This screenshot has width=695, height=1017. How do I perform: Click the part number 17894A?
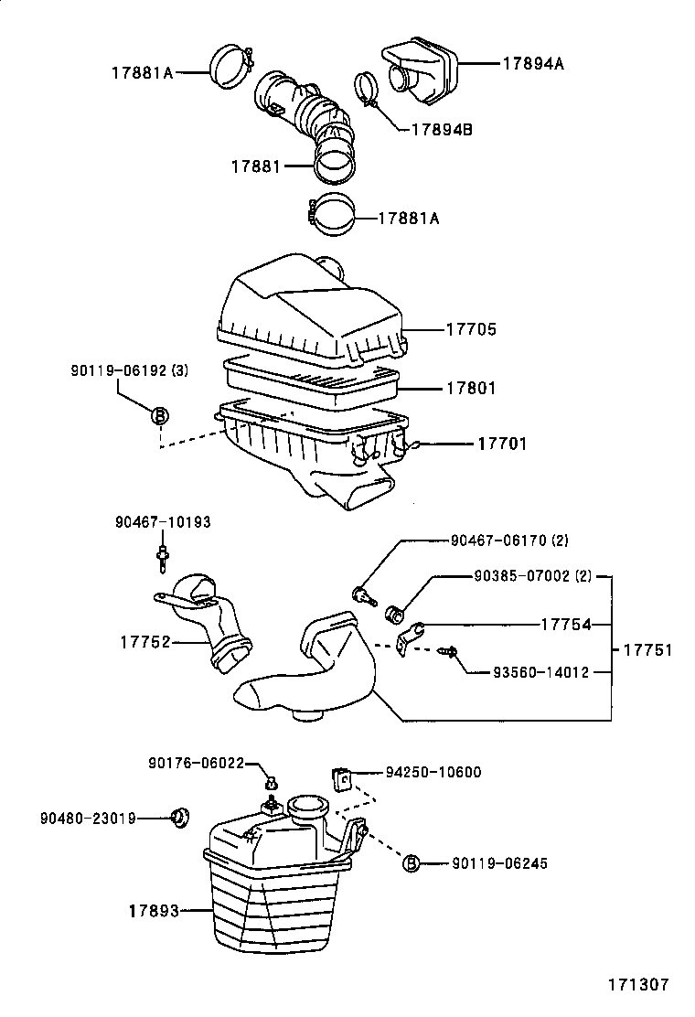[533, 64]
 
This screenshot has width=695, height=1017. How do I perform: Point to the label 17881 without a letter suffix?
[256, 166]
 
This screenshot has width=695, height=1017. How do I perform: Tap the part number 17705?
[471, 329]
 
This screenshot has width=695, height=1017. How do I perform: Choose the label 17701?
[502, 444]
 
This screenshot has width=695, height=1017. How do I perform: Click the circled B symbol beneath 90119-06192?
[159, 416]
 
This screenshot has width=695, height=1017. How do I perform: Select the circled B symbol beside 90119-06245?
[412, 862]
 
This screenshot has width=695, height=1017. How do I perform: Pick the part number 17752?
[145, 643]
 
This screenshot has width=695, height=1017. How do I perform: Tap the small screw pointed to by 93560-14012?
[448, 651]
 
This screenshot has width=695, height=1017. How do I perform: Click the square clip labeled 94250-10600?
[342, 778]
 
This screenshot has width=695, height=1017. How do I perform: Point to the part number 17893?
[153, 911]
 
